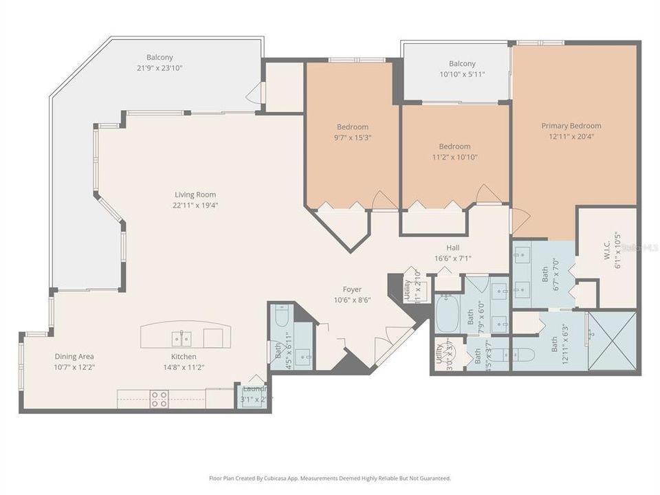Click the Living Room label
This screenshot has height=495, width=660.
[x=195, y=195]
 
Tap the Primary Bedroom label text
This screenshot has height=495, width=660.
[x=571, y=126]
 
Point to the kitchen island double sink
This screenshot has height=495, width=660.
[x=182, y=338]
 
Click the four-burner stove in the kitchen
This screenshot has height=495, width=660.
[x=159, y=399]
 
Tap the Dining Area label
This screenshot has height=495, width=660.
[x=74, y=356]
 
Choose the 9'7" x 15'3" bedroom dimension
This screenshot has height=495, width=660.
[x=352, y=137]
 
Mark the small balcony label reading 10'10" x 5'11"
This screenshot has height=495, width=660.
[x=462, y=74]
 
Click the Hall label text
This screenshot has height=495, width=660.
[x=452, y=247]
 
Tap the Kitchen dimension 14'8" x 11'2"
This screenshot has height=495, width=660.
[x=184, y=366]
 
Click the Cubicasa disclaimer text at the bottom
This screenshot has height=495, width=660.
[x=330, y=478]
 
